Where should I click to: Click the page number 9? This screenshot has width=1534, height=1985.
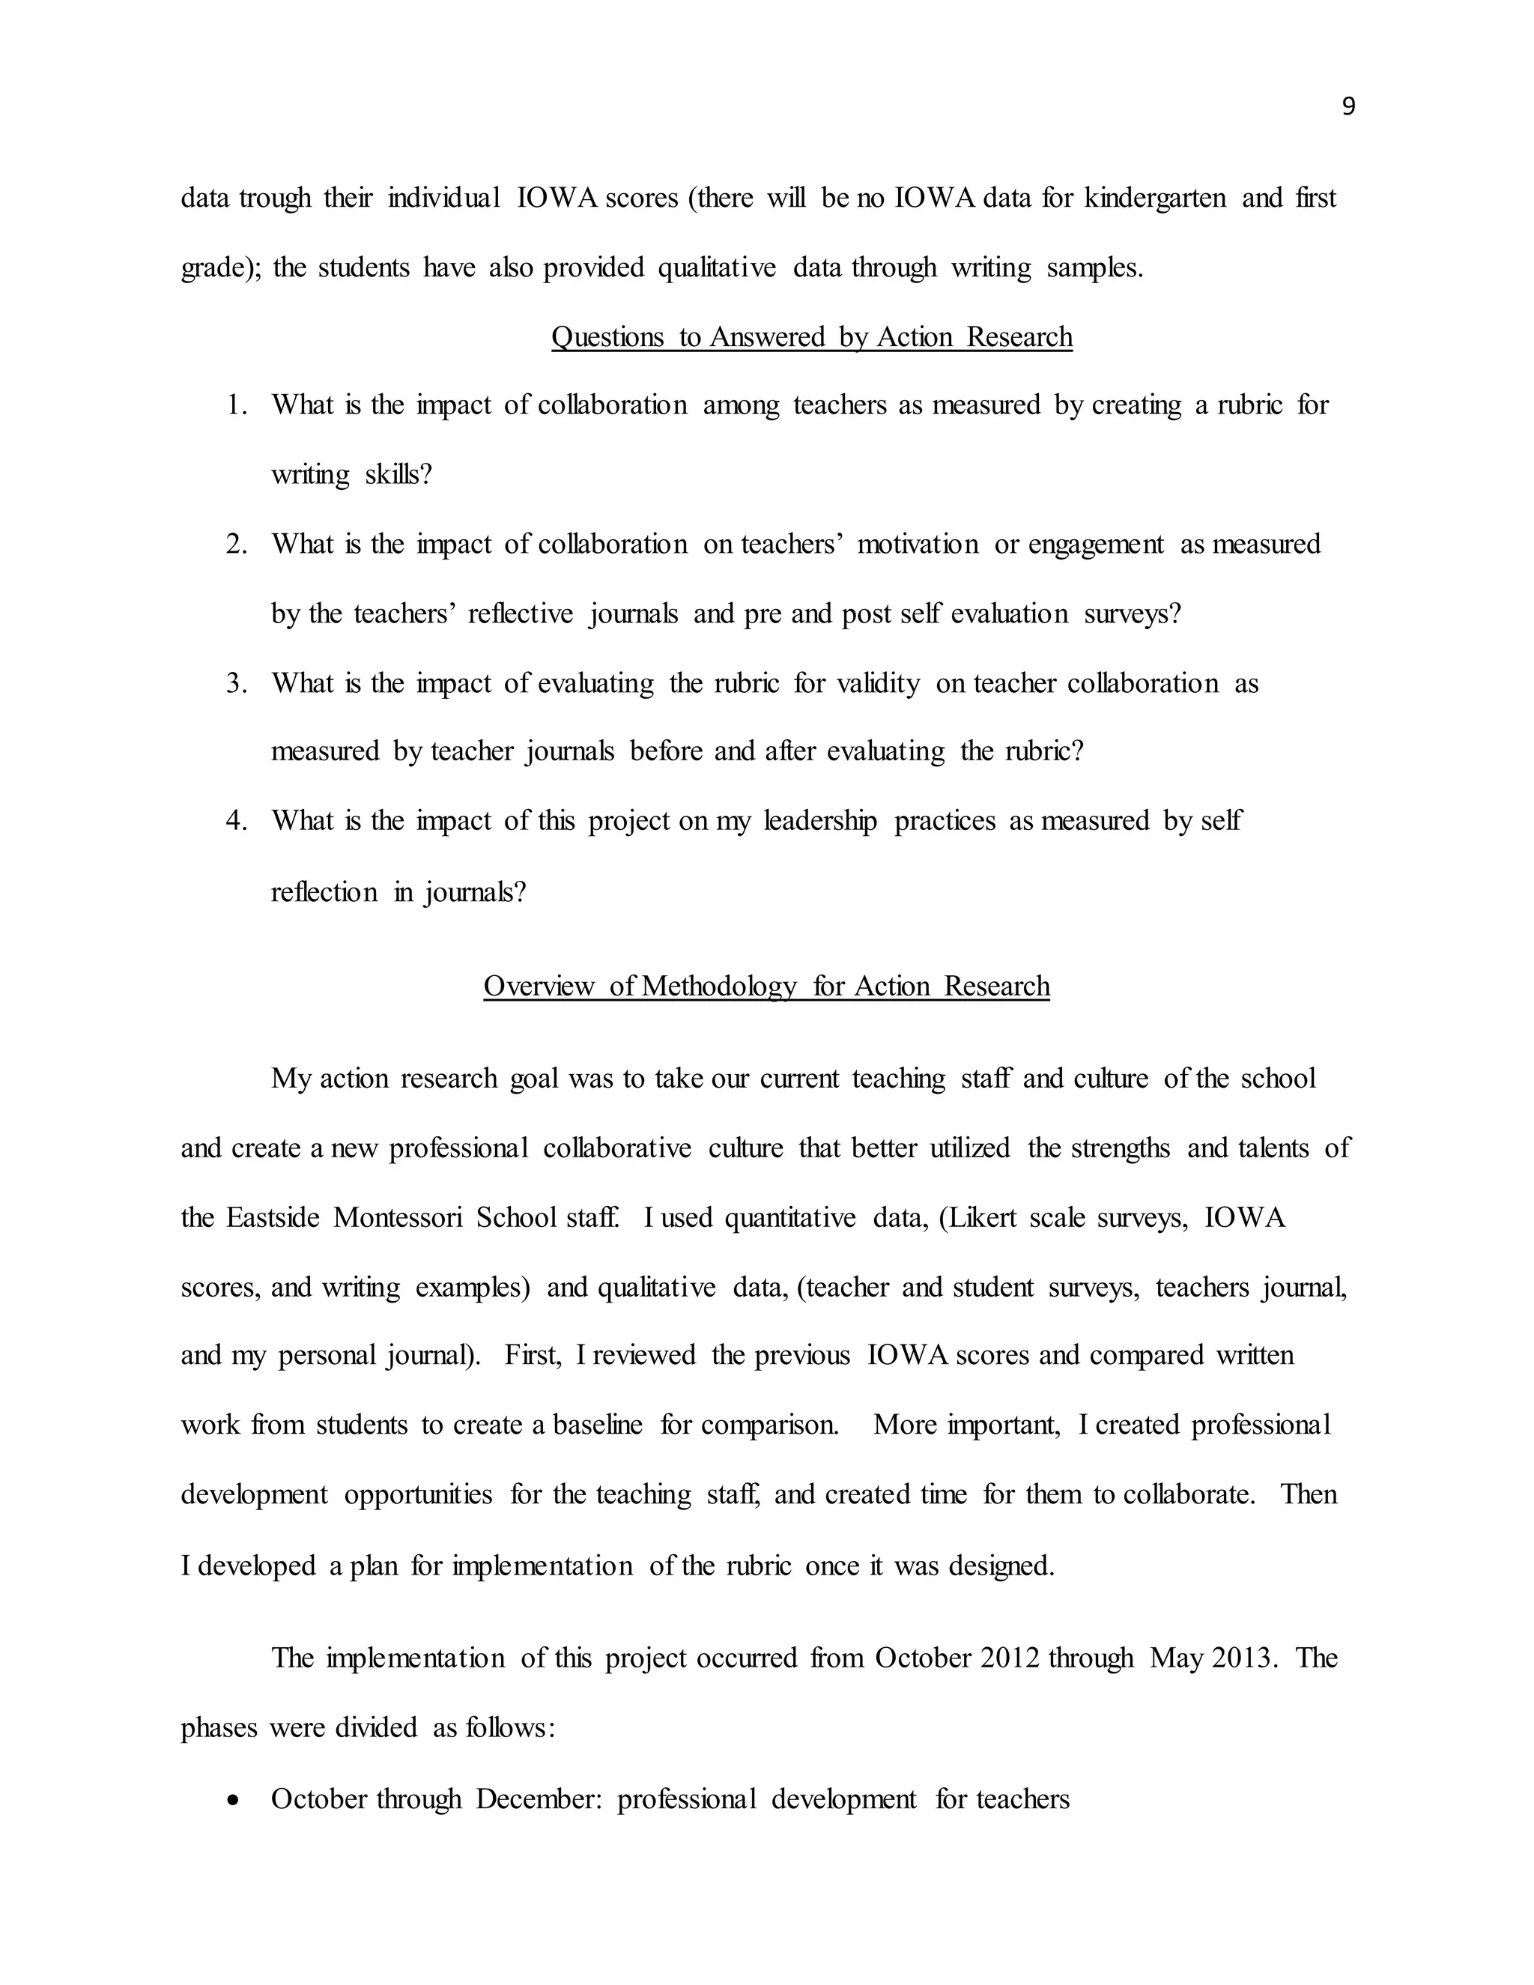[x=1347, y=107]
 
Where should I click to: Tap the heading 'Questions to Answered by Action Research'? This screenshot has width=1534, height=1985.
[x=811, y=337]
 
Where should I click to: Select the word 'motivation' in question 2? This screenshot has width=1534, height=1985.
[x=917, y=545]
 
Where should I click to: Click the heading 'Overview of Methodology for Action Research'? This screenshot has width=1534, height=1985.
[x=766, y=987]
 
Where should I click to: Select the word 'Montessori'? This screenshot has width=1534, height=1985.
[x=397, y=1217]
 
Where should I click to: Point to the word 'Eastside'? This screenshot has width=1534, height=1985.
[x=273, y=1217]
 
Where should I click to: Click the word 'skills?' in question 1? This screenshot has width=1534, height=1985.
[x=398, y=474]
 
